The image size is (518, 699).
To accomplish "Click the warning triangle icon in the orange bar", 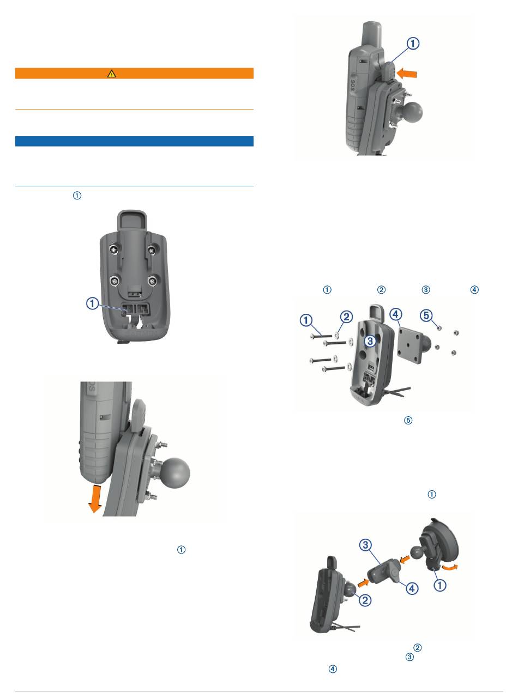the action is pos(111,74).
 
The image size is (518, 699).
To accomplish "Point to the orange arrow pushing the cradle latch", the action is pos(407,74).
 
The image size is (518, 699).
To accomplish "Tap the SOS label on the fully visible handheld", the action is pos(353,85).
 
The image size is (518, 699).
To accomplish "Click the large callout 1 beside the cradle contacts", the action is pos(93,304).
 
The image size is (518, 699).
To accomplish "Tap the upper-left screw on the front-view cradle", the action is pos(114,250).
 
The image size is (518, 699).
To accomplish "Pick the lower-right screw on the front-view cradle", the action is pos(153,280).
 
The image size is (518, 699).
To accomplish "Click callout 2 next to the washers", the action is pos(346,317).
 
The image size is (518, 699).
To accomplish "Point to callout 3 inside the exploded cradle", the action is pos(370,341).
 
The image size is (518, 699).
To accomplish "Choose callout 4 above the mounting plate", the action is pos(396,314).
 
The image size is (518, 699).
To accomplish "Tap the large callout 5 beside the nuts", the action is pos(426,315).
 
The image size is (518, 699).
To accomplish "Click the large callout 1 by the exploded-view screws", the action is pos(306,320).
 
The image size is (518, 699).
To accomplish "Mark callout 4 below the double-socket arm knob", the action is pos(412,588).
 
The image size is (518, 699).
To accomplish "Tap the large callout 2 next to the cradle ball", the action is pos(365,600).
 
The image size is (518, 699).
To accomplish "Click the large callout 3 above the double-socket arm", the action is pos(365,545).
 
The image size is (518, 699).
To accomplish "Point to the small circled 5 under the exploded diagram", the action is pos(408,420).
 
